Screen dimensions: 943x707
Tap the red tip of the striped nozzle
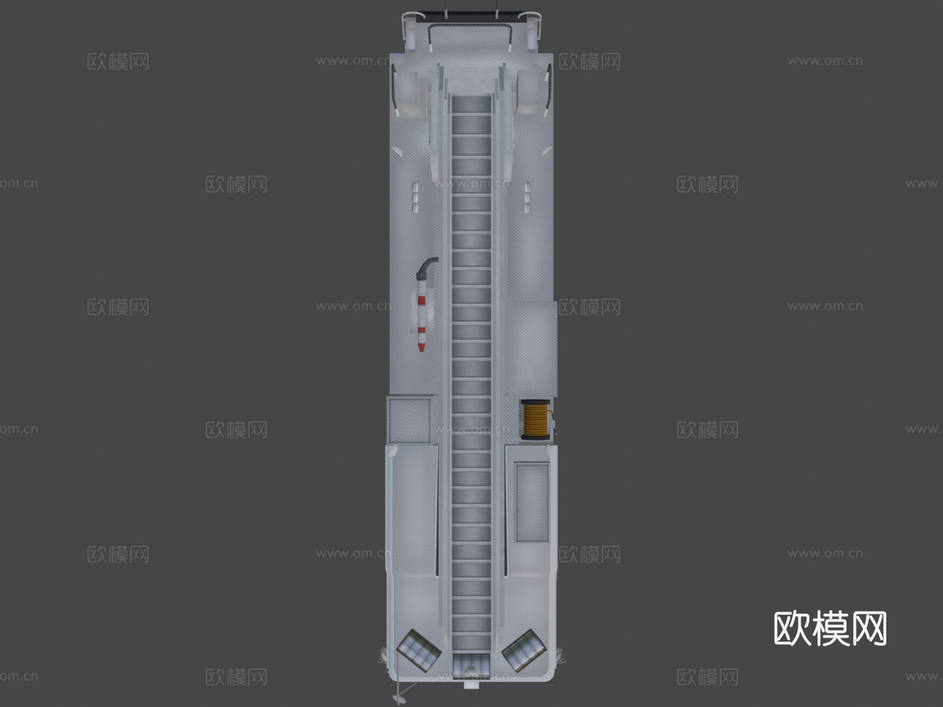tap(422, 347)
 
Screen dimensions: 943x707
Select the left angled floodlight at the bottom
tap(419, 650)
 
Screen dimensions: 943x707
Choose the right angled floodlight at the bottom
tap(524, 650)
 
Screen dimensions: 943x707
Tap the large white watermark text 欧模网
tap(830, 628)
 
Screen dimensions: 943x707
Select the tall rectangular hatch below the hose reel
tap(532, 502)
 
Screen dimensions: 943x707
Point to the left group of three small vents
tap(415, 197)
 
